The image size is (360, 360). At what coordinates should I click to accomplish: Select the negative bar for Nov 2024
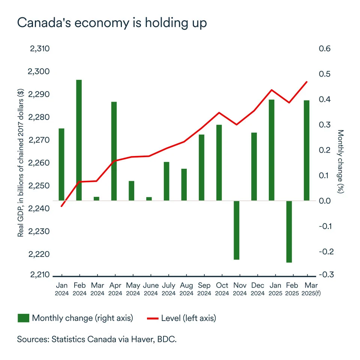point(236,230)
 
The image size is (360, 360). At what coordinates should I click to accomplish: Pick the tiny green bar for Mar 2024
point(96,198)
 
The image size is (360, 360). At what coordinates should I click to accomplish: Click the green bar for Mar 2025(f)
point(307,150)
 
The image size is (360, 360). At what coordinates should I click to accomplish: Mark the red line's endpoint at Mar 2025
point(307,82)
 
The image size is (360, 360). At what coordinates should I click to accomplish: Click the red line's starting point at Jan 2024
point(61,206)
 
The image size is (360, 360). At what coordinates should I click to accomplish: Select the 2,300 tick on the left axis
point(39,72)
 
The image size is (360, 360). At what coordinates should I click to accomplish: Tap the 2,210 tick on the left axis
point(39,275)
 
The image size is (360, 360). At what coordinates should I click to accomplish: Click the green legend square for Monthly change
point(23,318)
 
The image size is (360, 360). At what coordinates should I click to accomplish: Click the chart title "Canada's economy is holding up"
point(112,23)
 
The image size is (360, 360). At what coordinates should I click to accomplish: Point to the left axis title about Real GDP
point(21,162)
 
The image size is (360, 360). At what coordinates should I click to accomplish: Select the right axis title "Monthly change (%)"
point(340,162)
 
